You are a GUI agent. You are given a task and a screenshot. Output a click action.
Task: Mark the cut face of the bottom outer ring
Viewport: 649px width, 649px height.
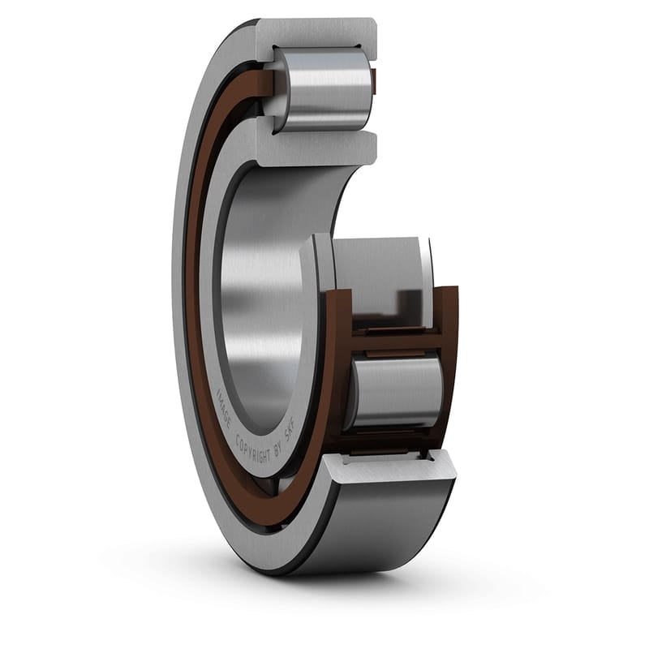pyautogui.click(x=389, y=469)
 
